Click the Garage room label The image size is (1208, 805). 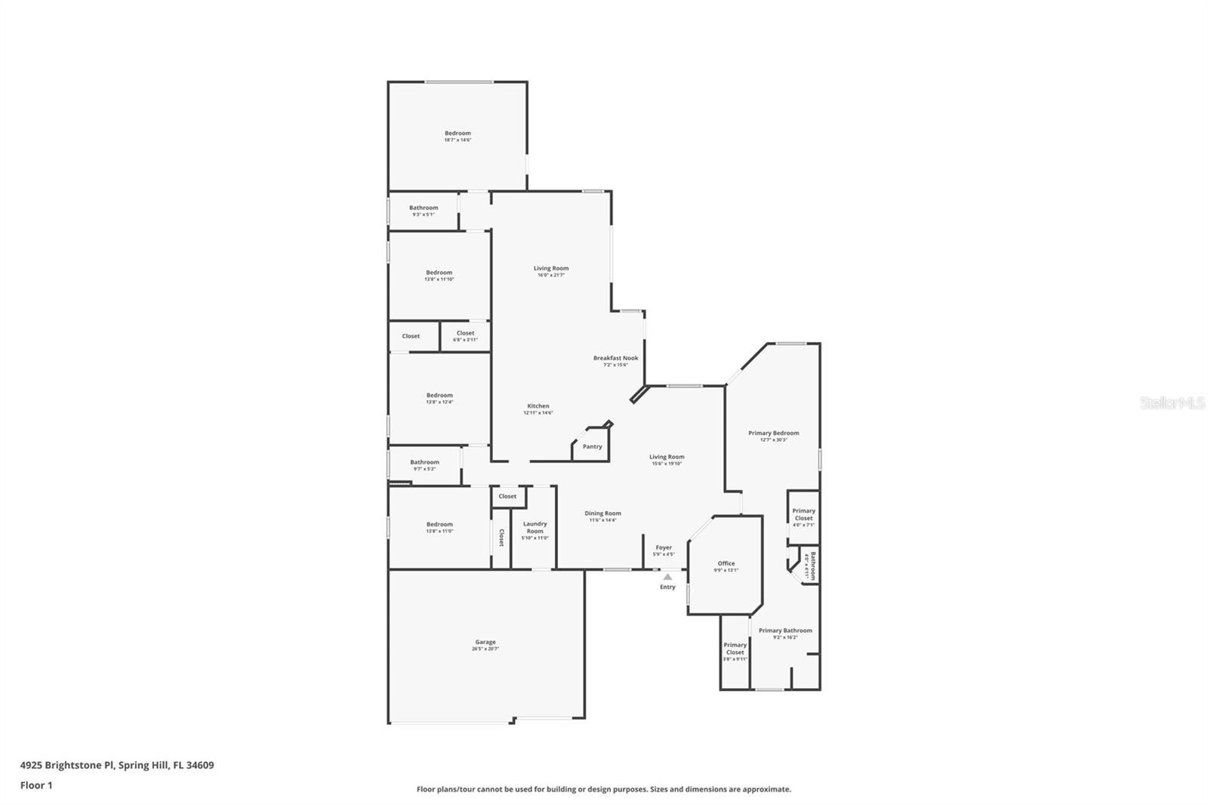[485, 642]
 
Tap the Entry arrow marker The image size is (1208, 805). [667, 577]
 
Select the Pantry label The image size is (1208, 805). [593, 446]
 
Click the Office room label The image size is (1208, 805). [726, 563]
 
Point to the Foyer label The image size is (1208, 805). [664, 547]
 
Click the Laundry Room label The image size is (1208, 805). [535, 527]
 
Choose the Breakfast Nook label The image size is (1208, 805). [615, 358]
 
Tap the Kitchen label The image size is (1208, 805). [538, 406]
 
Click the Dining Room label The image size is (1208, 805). [602, 514]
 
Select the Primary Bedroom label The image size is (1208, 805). [773, 433]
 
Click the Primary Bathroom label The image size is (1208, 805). [785, 631]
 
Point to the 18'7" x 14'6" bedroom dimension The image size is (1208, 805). [458, 140]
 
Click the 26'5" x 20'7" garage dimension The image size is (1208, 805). [485, 649]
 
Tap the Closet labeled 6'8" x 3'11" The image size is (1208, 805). [465, 333]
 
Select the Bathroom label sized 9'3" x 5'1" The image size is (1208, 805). [424, 208]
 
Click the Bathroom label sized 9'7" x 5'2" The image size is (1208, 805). [424, 462]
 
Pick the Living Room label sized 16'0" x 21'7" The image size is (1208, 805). [551, 268]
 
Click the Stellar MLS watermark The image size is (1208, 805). [1172, 403]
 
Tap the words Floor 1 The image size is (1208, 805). [36, 785]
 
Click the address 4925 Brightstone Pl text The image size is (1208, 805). [117, 765]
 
